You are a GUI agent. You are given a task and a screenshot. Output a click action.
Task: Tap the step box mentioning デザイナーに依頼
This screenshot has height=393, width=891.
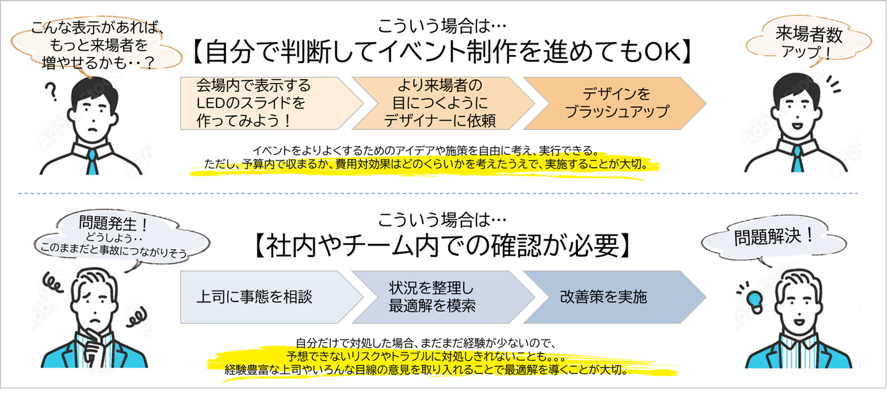439,103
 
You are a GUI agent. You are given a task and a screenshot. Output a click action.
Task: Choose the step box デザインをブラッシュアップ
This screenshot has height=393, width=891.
616,103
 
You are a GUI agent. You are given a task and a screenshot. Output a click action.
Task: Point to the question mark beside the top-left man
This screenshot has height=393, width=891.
53,93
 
